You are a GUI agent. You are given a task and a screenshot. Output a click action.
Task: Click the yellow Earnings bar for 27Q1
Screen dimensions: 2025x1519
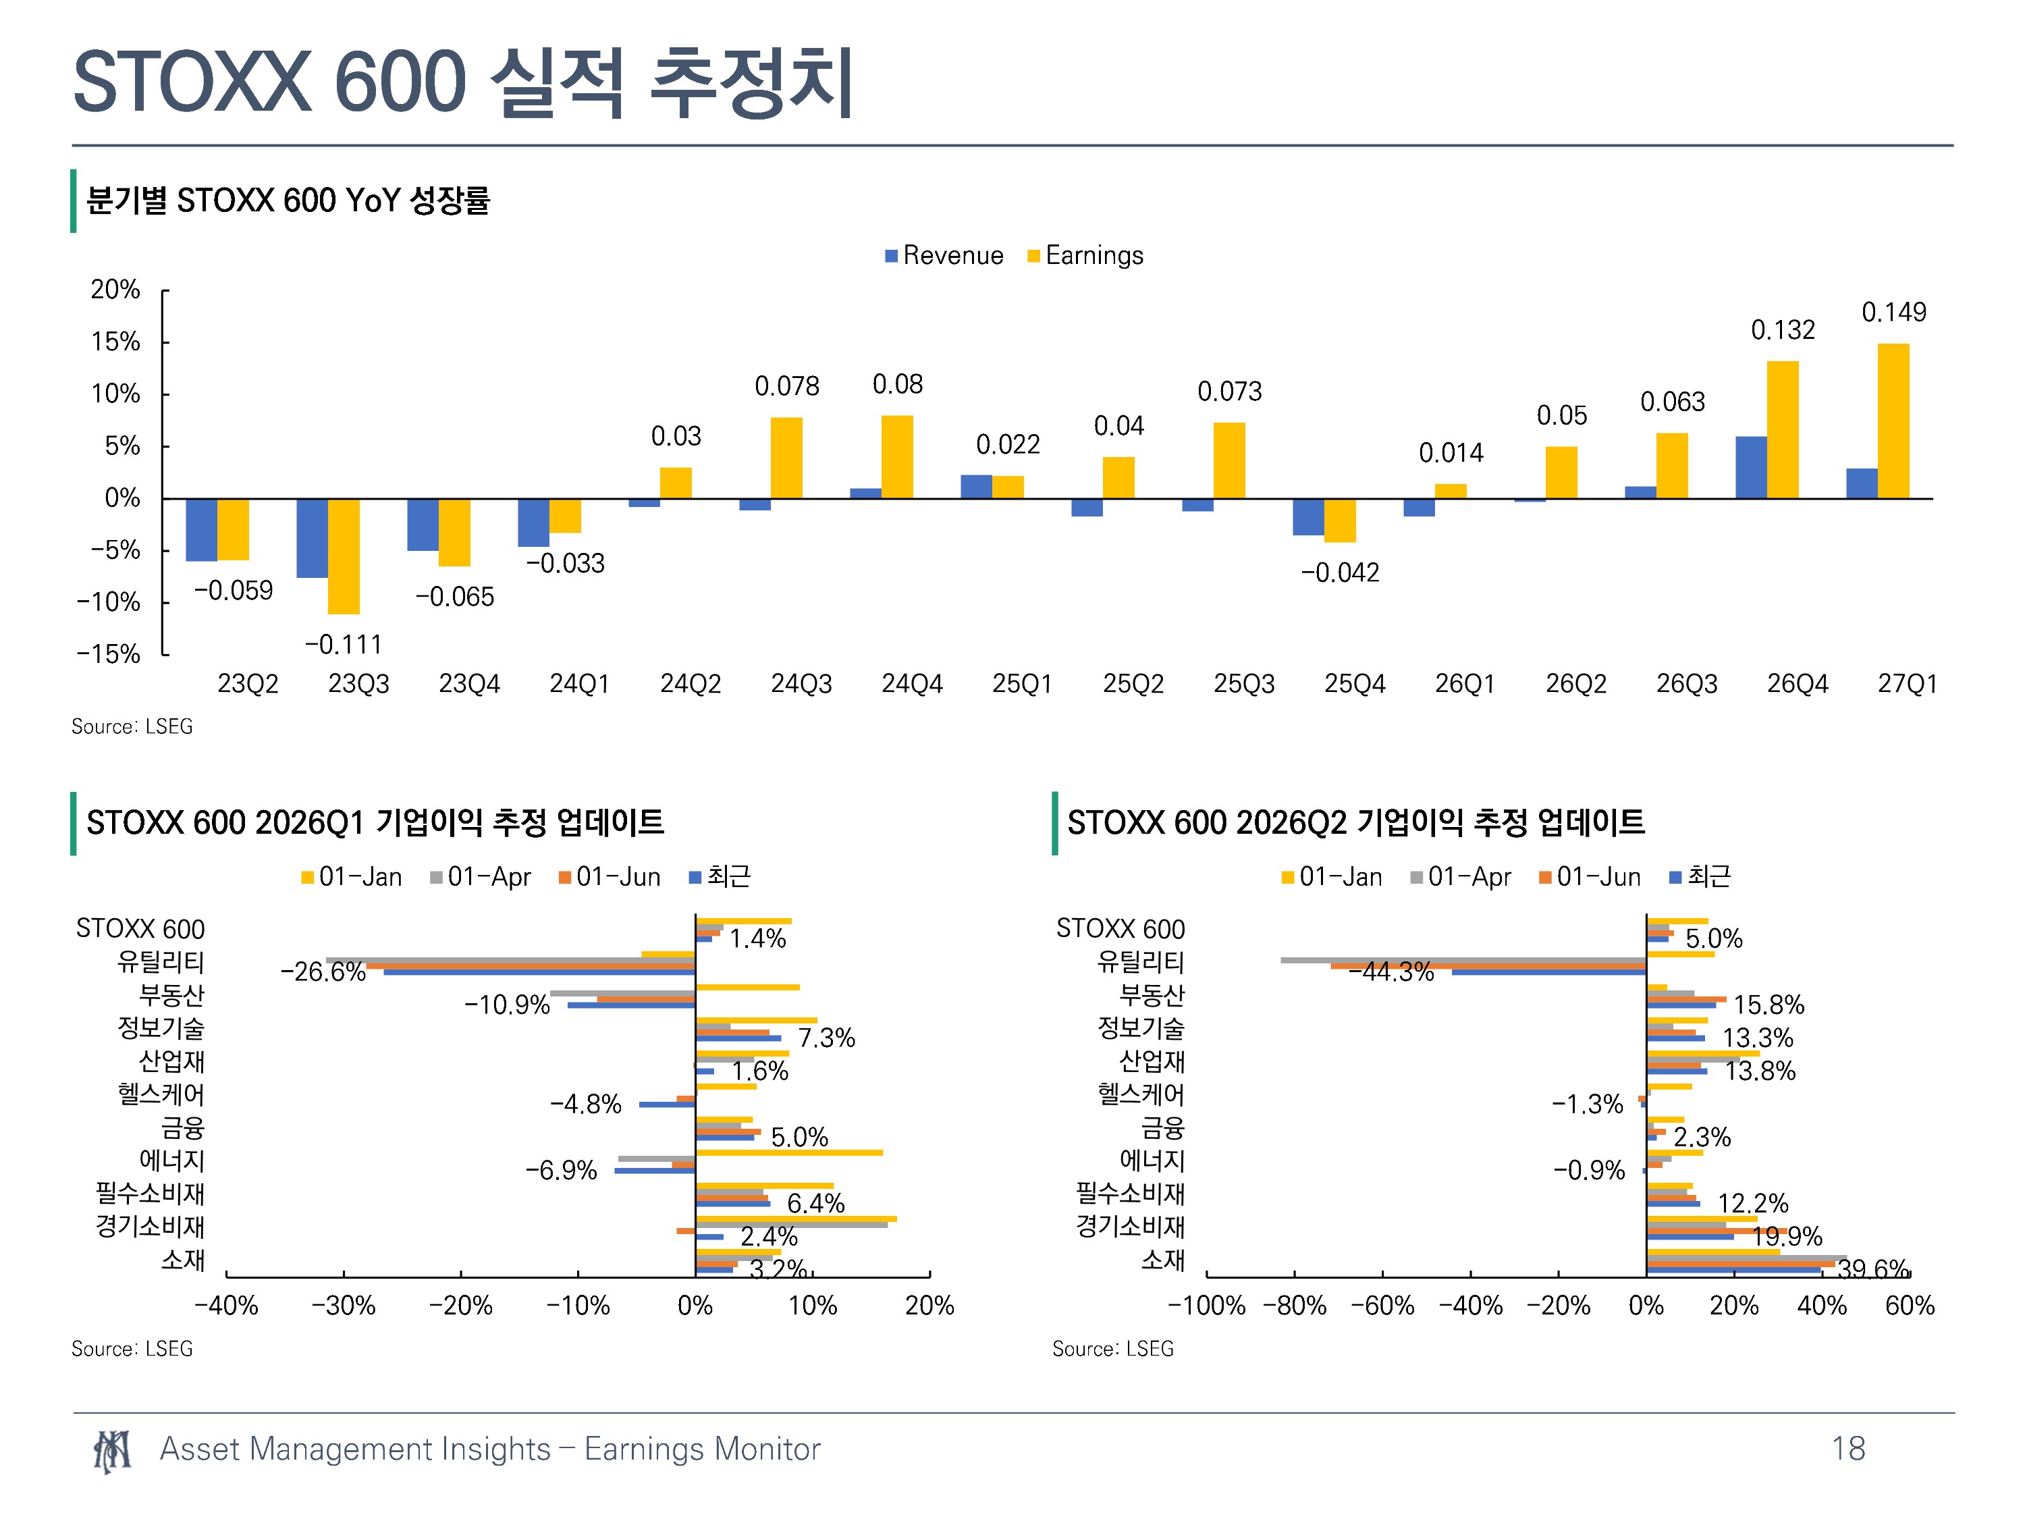coord(1893,421)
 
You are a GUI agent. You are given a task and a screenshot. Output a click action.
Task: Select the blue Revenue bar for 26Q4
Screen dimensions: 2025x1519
coord(1750,468)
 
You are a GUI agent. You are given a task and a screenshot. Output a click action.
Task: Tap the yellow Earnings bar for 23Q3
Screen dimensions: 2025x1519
coord(344,557)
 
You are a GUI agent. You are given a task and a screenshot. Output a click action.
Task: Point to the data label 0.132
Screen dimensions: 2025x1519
coord(1783,329)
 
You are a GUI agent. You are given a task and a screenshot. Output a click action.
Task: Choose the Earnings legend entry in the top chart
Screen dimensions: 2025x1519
coord(1085,255)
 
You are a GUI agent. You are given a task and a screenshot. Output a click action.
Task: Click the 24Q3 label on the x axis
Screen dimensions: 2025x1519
coord(801,684)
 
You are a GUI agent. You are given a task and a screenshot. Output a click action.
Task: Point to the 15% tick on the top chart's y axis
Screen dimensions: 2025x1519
coord(115,342)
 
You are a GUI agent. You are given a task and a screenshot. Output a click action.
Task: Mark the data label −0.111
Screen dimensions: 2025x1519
coord(344,645)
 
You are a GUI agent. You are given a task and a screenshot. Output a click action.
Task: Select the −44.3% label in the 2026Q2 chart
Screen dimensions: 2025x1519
coord(1390,971)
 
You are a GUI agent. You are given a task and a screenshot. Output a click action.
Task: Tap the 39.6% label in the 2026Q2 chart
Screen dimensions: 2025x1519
coord(1873,1268)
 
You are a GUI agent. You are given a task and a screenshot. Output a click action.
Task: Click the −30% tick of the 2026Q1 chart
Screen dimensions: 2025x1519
coord(344,1306)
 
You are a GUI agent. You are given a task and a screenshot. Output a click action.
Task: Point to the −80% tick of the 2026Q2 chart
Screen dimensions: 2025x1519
coord(1295,1306)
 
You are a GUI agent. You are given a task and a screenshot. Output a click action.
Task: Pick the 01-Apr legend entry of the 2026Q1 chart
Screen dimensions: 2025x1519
coord(481,877)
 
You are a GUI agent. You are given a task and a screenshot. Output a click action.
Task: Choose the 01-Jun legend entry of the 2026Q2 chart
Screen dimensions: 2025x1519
coord(1590,877)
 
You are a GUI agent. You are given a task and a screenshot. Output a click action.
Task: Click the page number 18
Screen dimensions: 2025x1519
coord(1848,1449)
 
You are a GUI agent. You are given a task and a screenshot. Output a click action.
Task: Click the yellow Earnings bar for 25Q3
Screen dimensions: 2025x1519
coord(1229,460)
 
